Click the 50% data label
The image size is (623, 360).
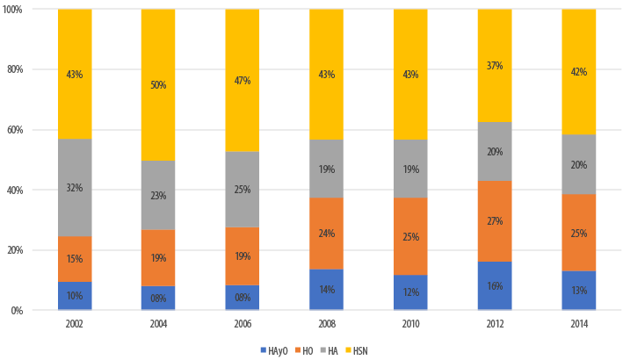coord(158,85)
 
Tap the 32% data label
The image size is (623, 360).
coord(75,187)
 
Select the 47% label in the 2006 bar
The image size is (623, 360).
coord(242,81)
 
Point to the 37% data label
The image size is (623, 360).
coord(494,66)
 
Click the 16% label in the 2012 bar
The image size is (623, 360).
coord(494,286)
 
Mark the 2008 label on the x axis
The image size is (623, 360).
coord(326,323)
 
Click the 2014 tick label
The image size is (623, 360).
coord(578,323)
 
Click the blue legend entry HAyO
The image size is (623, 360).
coord(274,350)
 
